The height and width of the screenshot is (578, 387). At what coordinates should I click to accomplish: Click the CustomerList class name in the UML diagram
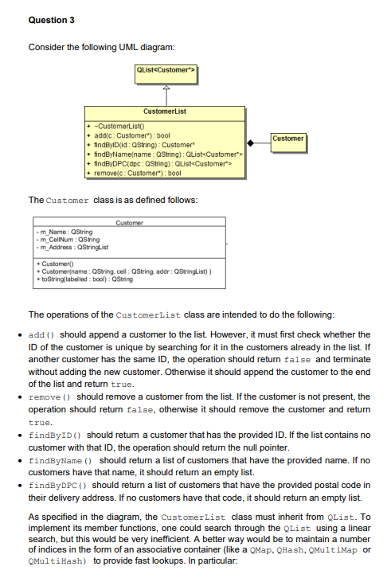[165, 112]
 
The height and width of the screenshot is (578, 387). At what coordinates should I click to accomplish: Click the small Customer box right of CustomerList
[288, 139]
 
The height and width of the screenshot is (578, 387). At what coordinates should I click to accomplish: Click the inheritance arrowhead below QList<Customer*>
[166, 88]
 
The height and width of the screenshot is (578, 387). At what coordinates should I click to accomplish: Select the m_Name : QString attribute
[61, 232]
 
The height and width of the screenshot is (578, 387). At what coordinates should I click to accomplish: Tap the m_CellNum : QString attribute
[64, 238]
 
